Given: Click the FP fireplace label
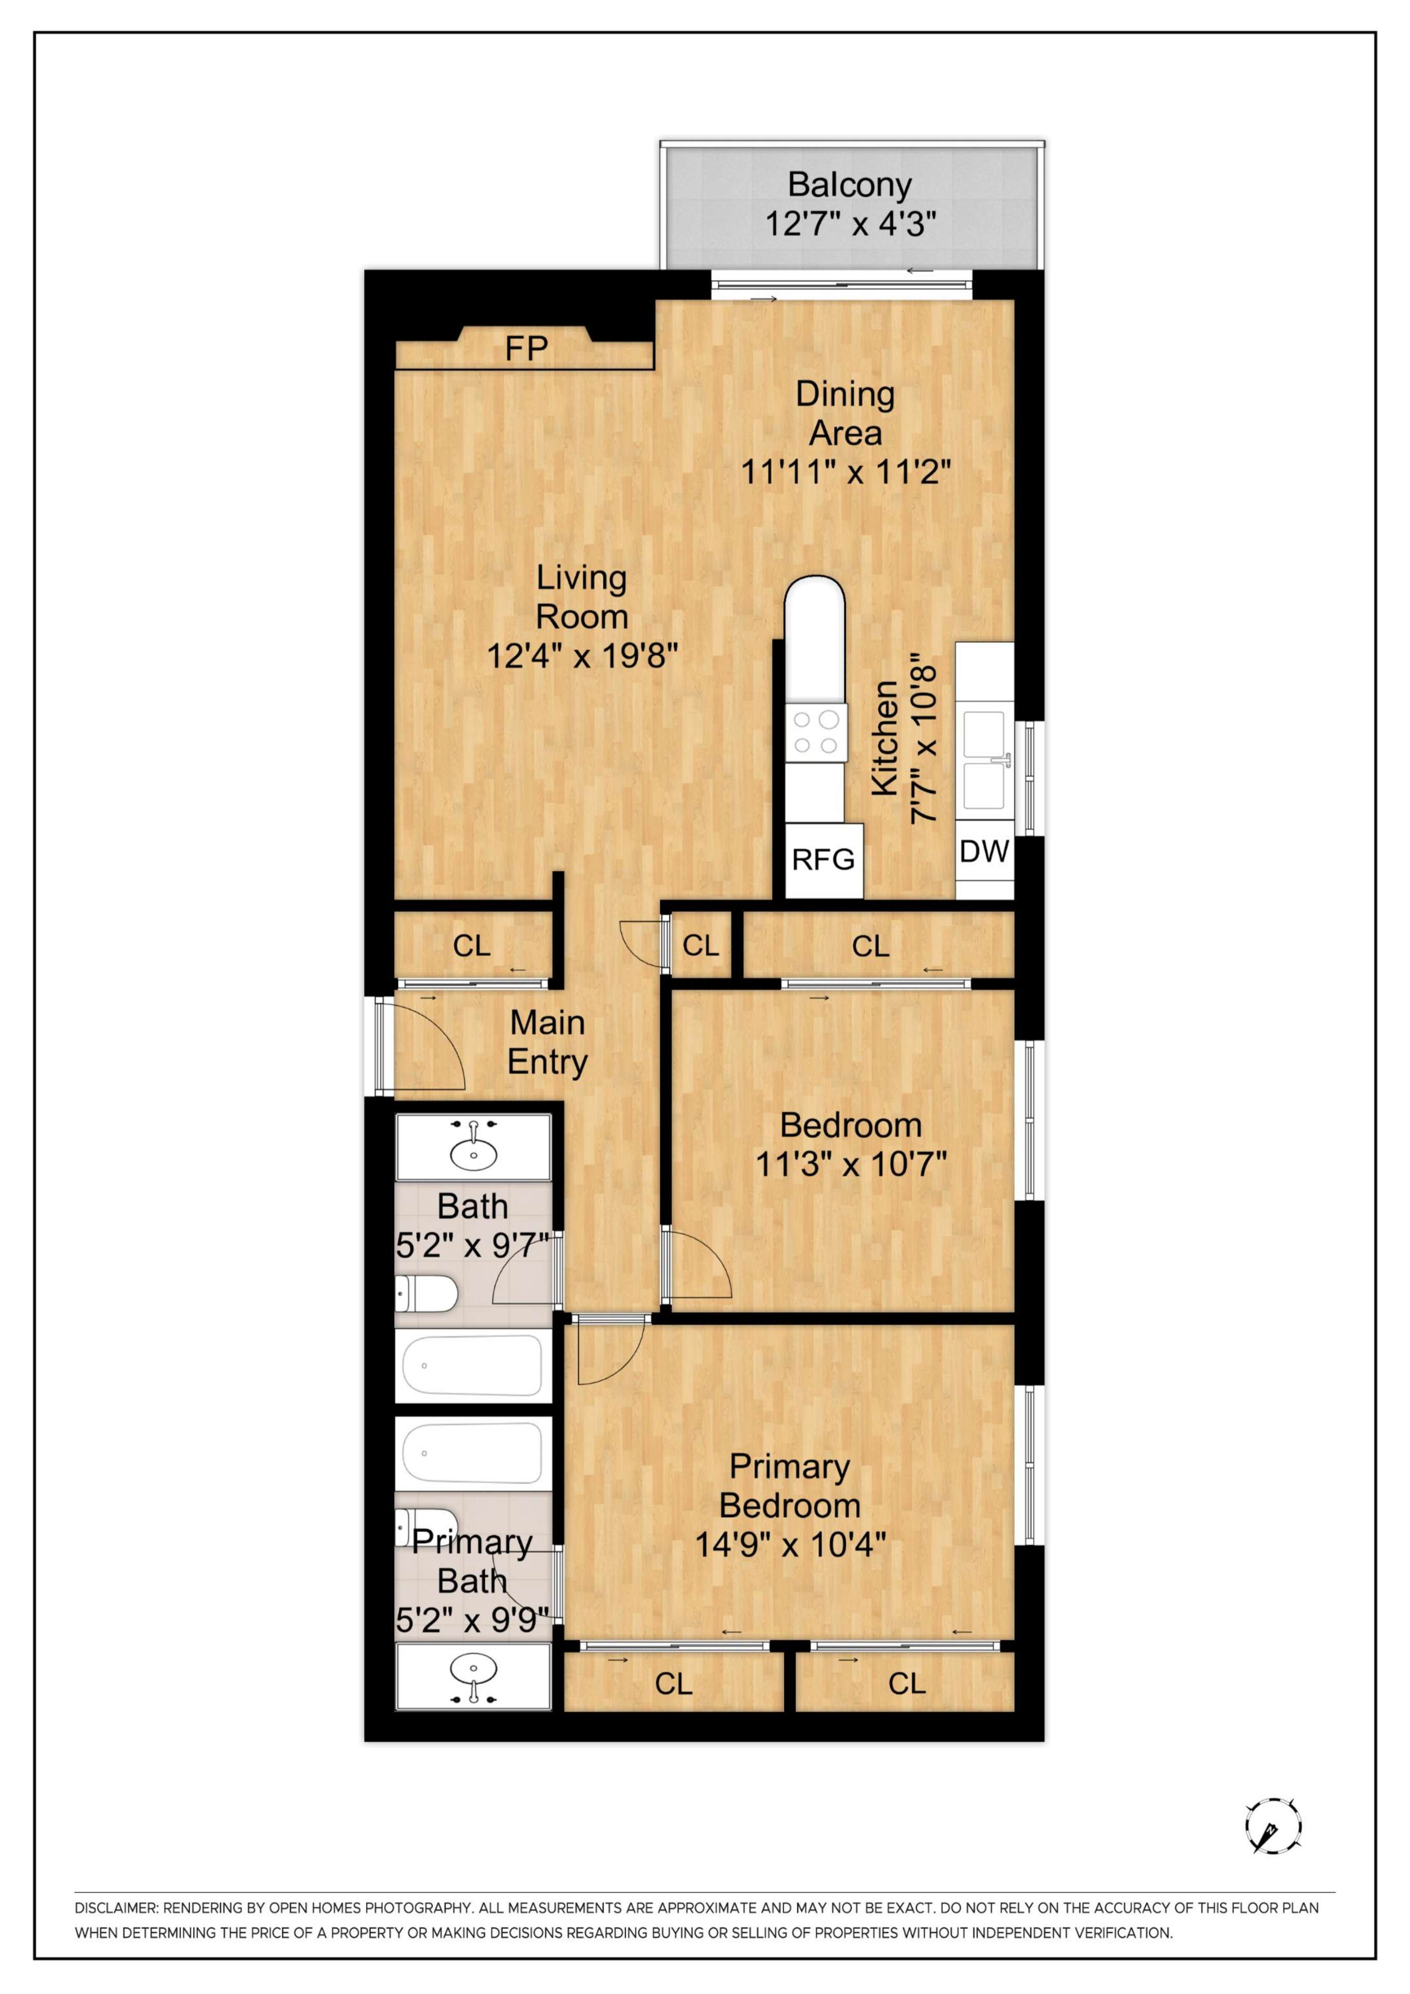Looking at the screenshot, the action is point(527,349).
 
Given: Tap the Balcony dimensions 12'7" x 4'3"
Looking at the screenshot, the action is point(851,224).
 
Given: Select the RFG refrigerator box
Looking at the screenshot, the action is point(824,860).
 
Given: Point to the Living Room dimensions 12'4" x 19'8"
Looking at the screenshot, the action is point(582,656).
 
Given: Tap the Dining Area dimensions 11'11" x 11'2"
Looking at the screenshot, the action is point(845,473).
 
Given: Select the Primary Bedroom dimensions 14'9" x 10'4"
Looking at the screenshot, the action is point(790,1544).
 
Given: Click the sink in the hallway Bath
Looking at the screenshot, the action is point(474,1147).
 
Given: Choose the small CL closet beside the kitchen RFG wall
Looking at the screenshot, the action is point(701,945).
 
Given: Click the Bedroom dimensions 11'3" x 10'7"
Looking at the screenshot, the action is point(851,1163).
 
